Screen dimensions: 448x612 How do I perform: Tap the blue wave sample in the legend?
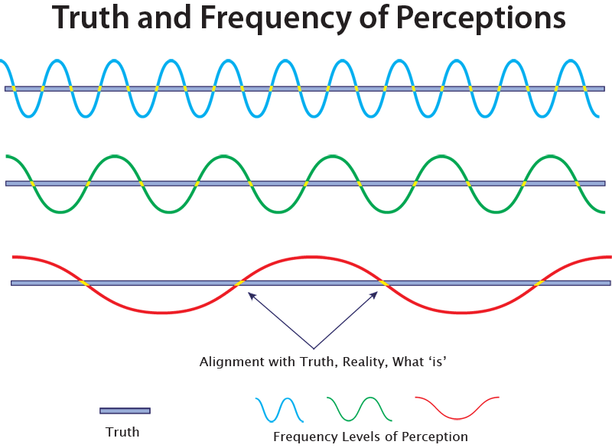click(x=279, y=410)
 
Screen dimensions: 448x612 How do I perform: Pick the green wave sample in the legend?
click(x=359, y=409)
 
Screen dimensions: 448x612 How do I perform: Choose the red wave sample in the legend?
click(x=457, y=407)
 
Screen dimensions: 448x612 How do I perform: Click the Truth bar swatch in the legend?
click(x=125, y=411)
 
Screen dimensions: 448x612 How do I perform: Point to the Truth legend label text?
click(x=122, y=432)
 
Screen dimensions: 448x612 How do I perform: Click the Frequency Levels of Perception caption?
click(x=370, y=437)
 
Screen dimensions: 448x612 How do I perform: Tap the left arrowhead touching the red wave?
click(x=249, y=294)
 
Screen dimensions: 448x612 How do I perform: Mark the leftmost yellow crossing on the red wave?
click(x=85, y=284)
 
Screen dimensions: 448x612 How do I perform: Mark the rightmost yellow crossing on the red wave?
click(x=539, y=284)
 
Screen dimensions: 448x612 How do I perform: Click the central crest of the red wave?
click(x=312, y=256)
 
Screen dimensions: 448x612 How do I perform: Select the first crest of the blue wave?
click(x=56, y=60)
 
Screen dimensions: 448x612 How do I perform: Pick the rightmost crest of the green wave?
click(x=551, y=156)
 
